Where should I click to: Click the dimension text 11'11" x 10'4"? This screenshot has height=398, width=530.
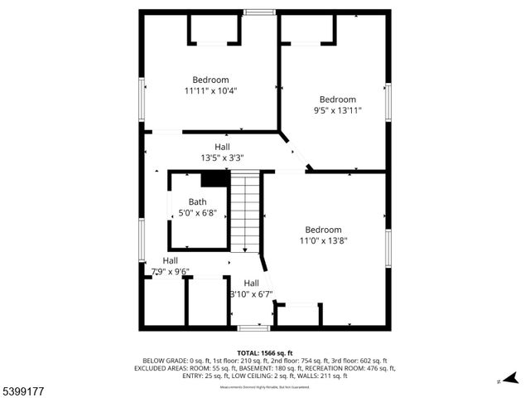click(210, 91)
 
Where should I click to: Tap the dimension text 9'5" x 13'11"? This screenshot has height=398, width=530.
click(337, 110)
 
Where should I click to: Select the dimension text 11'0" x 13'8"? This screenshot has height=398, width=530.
click(323, 241)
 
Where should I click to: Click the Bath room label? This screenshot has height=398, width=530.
click(197, 201)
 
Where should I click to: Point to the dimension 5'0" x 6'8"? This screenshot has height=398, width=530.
click(197, 212)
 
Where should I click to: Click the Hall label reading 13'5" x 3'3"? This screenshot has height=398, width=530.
click(222, 158)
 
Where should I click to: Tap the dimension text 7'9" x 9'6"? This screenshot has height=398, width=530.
click(170, 271)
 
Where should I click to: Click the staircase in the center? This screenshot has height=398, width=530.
click(245, 211)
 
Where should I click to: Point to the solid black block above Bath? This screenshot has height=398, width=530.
click(214, 179)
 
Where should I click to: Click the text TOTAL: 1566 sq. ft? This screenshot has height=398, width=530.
click(264, 353)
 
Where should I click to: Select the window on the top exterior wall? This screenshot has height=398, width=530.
click(259, 12)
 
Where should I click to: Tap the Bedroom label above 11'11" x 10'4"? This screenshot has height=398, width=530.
click(210, 80)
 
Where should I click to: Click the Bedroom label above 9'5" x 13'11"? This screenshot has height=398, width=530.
click(337, 99)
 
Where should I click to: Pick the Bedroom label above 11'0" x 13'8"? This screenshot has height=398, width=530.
click(323, 230)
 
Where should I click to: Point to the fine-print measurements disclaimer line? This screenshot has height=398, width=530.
click(264, 387)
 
